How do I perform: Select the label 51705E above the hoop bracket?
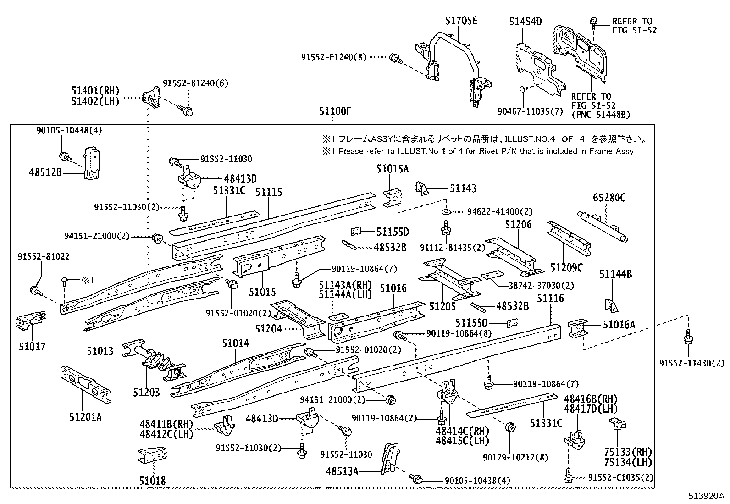461,21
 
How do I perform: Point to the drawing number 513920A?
705,496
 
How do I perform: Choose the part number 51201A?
86,417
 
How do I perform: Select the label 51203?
147,393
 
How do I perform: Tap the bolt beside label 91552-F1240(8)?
395,58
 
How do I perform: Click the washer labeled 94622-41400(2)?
445,212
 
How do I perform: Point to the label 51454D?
525,22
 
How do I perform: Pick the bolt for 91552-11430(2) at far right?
687,339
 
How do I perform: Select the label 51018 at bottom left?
152,481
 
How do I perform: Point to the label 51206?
519,224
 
